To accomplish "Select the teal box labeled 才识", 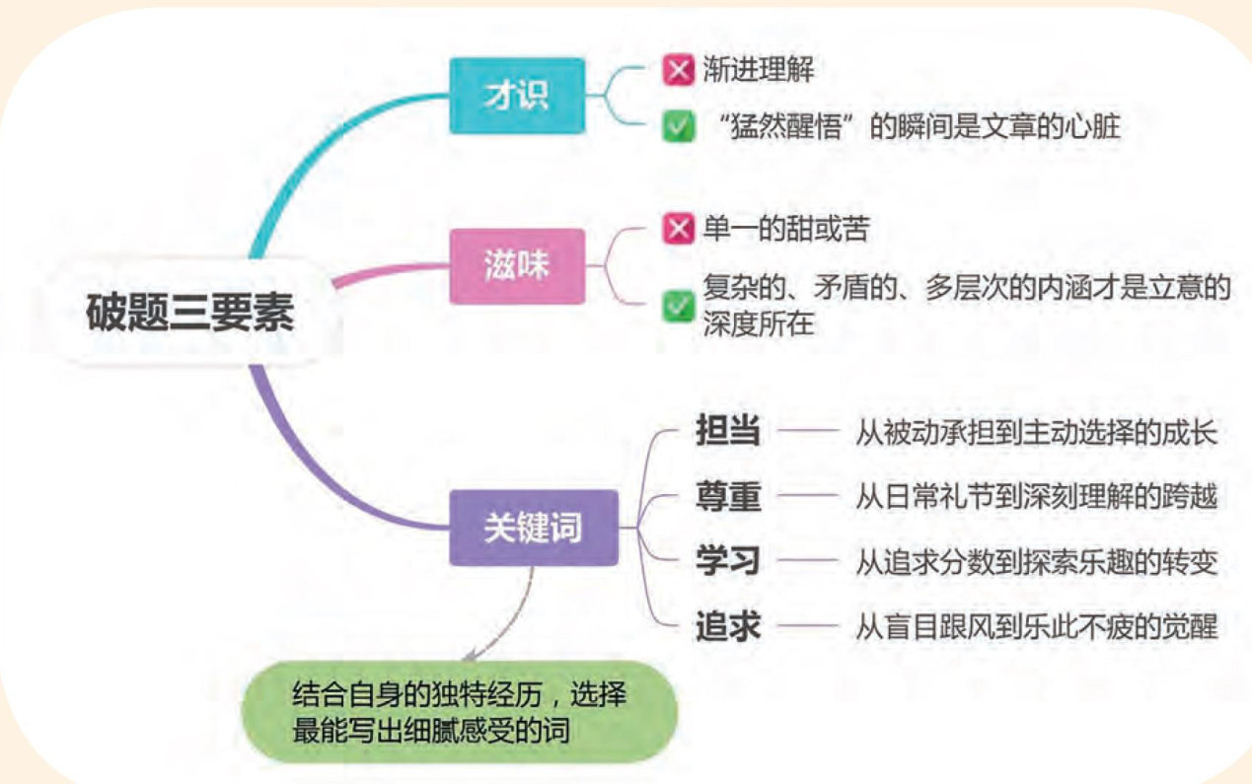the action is point(516,96).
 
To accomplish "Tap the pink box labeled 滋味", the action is point(516,266).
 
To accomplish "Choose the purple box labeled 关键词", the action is point(533,528).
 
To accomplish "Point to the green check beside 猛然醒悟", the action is point(678,128).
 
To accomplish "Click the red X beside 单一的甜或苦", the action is point(678,230).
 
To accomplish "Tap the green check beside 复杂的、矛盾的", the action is point(678,306).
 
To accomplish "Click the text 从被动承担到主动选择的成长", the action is point(1036,433).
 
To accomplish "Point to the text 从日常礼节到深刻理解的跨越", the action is point(1036,497).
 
